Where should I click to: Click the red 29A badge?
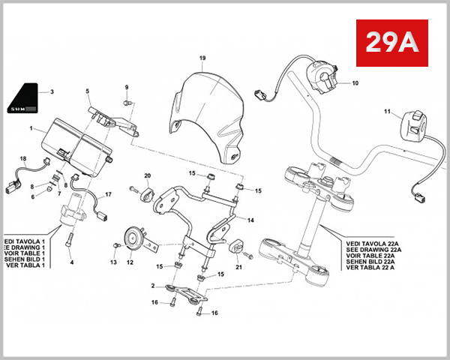tap(390, 43)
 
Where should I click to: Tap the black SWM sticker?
tap(26, 99)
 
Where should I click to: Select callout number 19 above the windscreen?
tap(202, 58)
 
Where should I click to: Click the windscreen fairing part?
tap(205, 112)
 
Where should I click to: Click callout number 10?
tap(355, 82)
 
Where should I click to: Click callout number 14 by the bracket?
tap(250, 220)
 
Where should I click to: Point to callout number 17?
tap(108, 195)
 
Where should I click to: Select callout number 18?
tap(23, 159)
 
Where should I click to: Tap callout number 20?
tap(147, 176)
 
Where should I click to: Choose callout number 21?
tap(240, 266)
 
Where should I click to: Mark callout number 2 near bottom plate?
tap(153, 286)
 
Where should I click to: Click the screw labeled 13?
tap(115, 245)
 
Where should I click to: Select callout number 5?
tap(87, 91)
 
